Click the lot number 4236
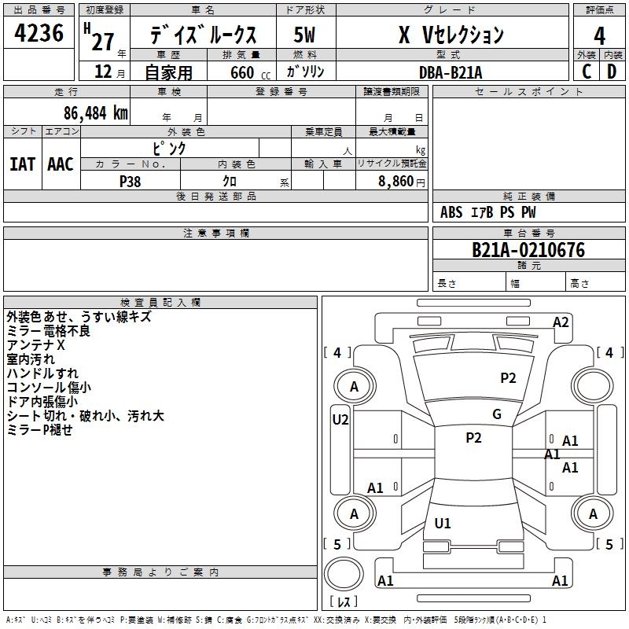(x=39, y=34)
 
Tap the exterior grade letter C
(x=586, y=71)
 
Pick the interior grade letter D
(x=612, y=71)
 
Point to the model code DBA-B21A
(x=451, y=72)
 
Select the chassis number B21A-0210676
(x=528, y=250)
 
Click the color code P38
(x=131, y=181)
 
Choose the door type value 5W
(x=305, y=35)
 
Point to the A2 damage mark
(x=561, y=322)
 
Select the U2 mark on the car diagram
(x=340, y=419)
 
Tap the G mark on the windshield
(x=497, y=414)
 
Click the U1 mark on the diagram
(x=443, y=523)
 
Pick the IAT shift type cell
(x=22, y=164)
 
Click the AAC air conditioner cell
(x=61, y=164)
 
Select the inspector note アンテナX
(x=36, y=345)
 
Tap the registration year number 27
(x=103, y=40)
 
